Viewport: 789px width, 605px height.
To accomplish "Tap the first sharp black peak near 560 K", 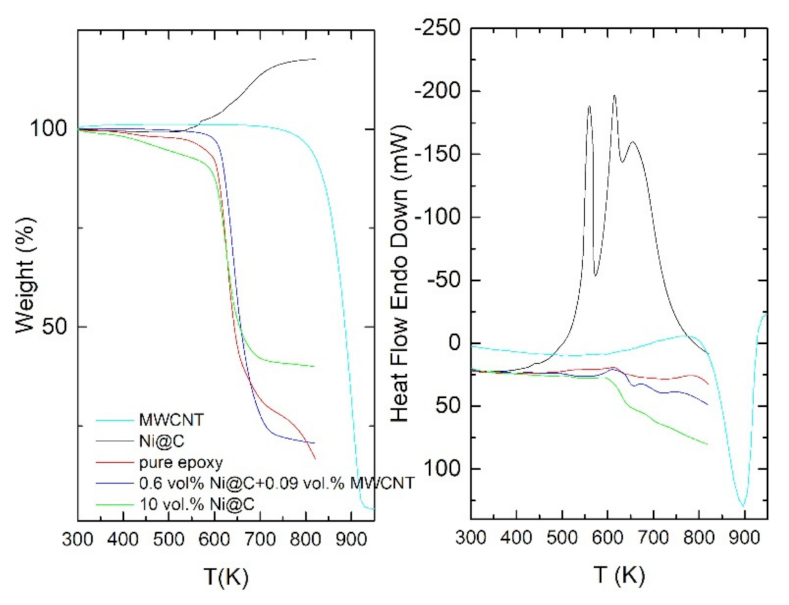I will (x=589, y=106).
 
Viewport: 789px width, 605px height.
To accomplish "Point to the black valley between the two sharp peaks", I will (x=596, y=275).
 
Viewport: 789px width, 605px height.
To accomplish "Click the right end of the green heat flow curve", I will (x=707, y=444).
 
